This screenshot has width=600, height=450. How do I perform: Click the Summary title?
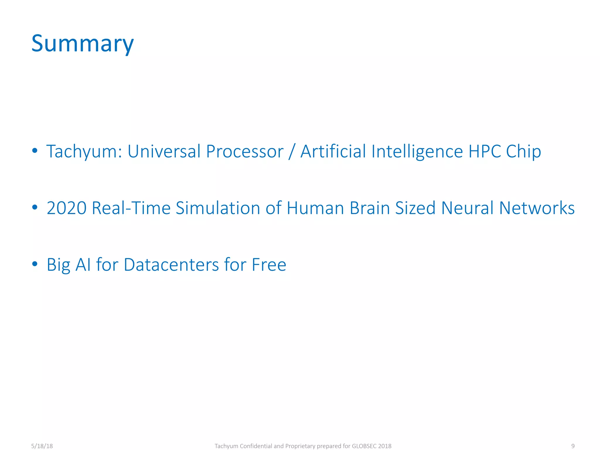click(x=82, y=44)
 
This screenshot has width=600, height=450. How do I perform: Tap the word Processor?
click(x=245, y=151)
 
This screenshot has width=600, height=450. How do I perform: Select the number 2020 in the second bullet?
click(x=67, y=208)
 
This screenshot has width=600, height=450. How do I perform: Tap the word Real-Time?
click(x=131, y=208)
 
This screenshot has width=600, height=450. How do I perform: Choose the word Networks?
click(x=537, y=208)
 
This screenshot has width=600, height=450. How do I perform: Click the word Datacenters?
click(x=171, y=265)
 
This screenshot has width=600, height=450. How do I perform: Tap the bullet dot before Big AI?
click(x=35, y=264)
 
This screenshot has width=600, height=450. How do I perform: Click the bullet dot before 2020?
click(x=35, y=207)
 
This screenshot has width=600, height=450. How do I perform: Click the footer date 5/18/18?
click(x=42, y=446)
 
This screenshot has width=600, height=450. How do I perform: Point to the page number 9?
click(x=573, y=446)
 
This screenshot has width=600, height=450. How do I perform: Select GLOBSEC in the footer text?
click(x=364, y=446)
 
